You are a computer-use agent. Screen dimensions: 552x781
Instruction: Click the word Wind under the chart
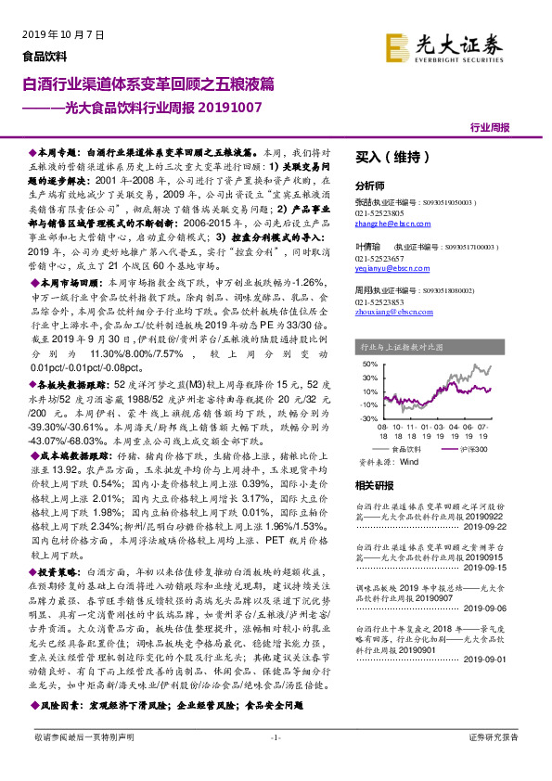(x=409, y=460)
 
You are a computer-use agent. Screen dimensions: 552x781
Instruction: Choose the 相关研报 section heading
(x=375, y=485)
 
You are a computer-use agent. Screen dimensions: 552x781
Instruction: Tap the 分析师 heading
(x=370, y=186)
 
